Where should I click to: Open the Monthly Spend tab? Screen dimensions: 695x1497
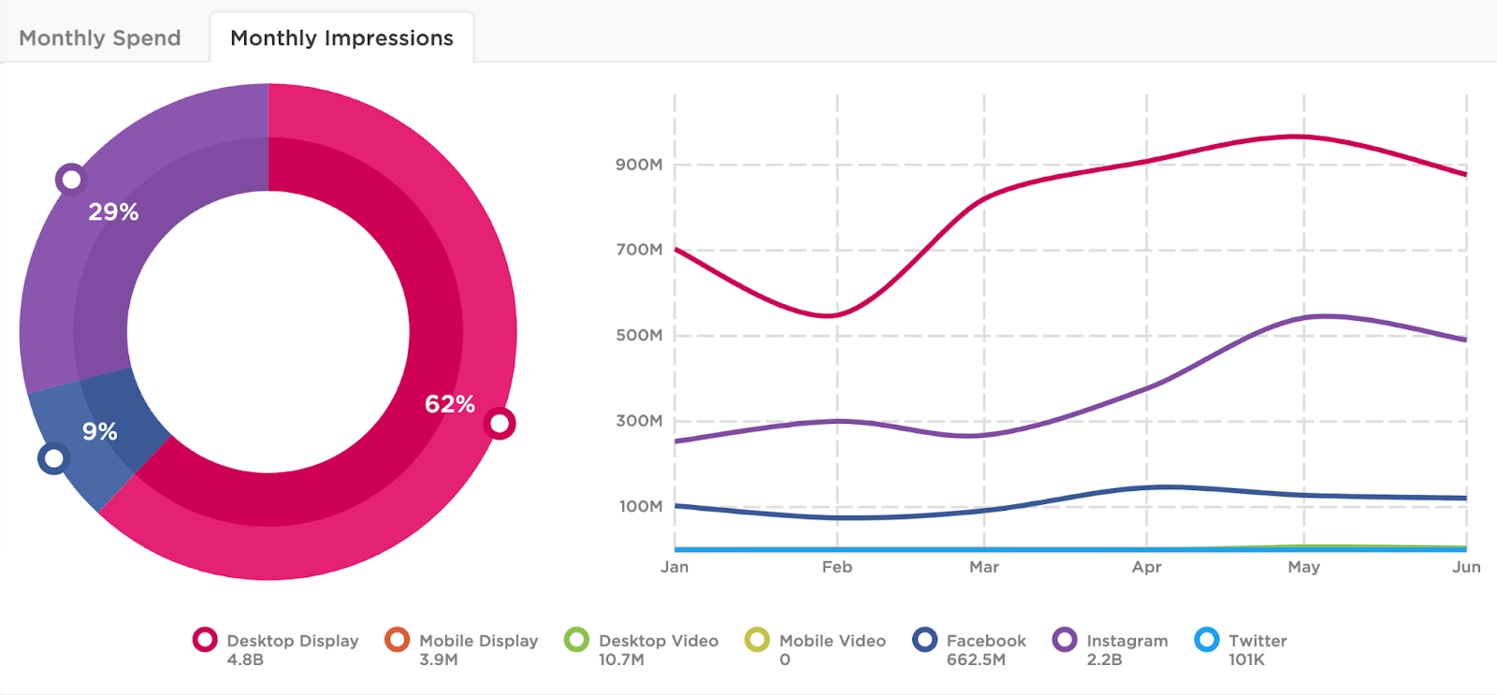(x=100, y=38)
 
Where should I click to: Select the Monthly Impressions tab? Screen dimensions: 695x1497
(x=342, y=38)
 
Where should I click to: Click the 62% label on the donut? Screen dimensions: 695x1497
(x=450, y=404)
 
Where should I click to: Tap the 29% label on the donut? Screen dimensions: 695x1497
(x=113, y=212)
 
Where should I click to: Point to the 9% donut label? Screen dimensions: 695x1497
(x=99, y=431)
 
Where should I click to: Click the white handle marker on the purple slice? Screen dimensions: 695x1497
(x=71, y=179)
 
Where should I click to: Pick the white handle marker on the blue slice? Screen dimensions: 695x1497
(x=54, y=458)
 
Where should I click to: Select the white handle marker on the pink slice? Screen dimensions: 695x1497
(x=501, y=424)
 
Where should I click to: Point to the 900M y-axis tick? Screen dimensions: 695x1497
(x=639, y=165)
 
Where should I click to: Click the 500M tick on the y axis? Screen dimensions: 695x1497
(x=639, y=335)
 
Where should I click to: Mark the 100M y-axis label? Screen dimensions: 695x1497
(x=640, y=506)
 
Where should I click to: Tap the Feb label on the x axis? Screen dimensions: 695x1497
(x=836, y=567)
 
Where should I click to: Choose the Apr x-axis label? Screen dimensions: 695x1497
(x=1146, y=567)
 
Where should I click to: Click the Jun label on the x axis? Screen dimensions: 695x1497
(x=1466, y=567)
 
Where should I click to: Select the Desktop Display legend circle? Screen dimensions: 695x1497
(x=205, y=640)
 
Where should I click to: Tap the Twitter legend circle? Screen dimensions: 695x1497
(x=1207, y=640)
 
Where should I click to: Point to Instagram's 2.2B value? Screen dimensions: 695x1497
(x=1104, y=659)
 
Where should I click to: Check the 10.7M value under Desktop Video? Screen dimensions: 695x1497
(x=621, y=659)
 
